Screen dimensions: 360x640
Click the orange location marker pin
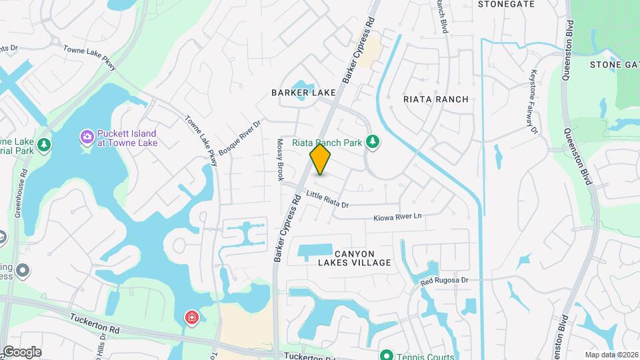click(320, 159)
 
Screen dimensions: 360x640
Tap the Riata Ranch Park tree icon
click(373, 142)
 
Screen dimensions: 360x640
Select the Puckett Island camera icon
click(87, 137)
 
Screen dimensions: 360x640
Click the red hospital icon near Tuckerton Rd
click(192, 317)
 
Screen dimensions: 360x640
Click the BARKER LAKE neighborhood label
click(303, 93)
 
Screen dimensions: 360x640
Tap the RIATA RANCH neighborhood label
click(436, 99)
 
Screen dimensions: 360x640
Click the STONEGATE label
click(507, 4)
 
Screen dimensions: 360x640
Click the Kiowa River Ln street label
click(398, 217)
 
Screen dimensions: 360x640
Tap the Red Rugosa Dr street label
click(445, 281)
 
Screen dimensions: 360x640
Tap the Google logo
click(21, 351)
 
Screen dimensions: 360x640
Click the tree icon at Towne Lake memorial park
click(44, 144)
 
